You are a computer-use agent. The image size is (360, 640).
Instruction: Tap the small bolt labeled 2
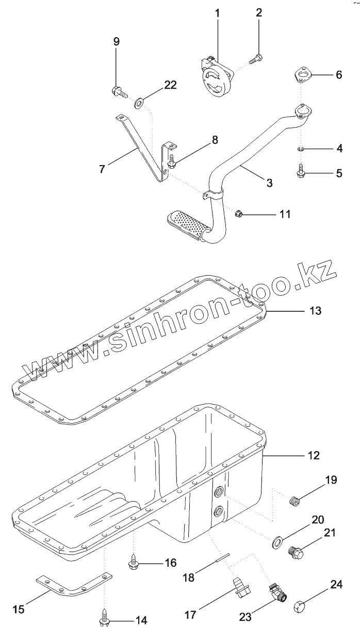(256, 59)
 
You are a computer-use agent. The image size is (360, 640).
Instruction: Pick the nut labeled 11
(238, 213)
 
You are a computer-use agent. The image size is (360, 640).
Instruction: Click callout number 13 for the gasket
(315, 311)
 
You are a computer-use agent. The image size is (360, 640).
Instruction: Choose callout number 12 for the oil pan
(314, 455)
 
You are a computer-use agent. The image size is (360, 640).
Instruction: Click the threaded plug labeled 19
(295, 500)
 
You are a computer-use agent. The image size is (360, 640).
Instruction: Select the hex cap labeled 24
(300, 606)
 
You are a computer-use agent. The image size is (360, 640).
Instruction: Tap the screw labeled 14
(105, 620)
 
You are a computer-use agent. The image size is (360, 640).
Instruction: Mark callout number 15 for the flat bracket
(18, 610)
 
